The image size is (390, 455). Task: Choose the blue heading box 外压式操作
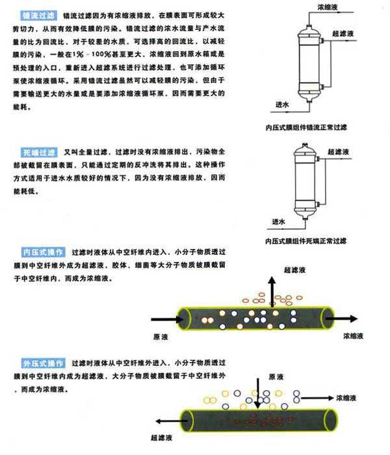[x=44, y=362]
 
